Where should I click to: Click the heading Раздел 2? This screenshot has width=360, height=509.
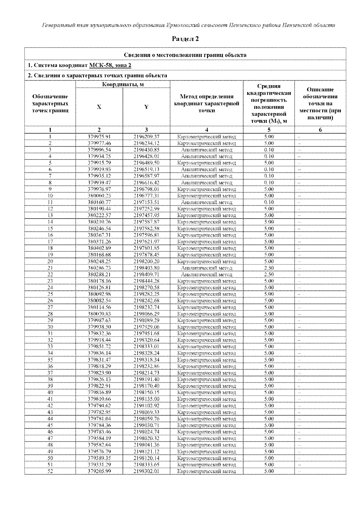coord(185,39)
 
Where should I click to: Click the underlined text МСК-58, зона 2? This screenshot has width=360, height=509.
coord(110,65)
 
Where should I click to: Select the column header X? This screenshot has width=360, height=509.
coord(99,107)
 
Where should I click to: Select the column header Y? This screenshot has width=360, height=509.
coord(146,107)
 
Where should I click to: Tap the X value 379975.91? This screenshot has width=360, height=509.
coord(99,137)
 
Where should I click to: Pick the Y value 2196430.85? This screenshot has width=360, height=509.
coord(146,150)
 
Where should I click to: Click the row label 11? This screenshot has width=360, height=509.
coord(50,202)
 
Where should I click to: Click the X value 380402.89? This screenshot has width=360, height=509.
coord(99,248)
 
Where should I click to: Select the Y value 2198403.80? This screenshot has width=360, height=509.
coord(146,268)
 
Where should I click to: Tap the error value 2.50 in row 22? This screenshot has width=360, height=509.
coord(269,275)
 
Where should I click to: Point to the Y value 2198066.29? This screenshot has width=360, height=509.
coord(146,314)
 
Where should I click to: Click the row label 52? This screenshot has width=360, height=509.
coord(50,471)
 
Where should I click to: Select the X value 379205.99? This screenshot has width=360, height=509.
coord(99,471)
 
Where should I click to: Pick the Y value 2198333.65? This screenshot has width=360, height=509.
coord(146,465)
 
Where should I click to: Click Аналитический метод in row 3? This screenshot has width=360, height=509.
coord(206,150)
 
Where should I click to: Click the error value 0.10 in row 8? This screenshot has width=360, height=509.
coord(269,183)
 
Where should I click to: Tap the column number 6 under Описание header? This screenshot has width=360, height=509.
coord(320,130)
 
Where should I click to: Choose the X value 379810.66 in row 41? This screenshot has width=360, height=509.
coord(99,399)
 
